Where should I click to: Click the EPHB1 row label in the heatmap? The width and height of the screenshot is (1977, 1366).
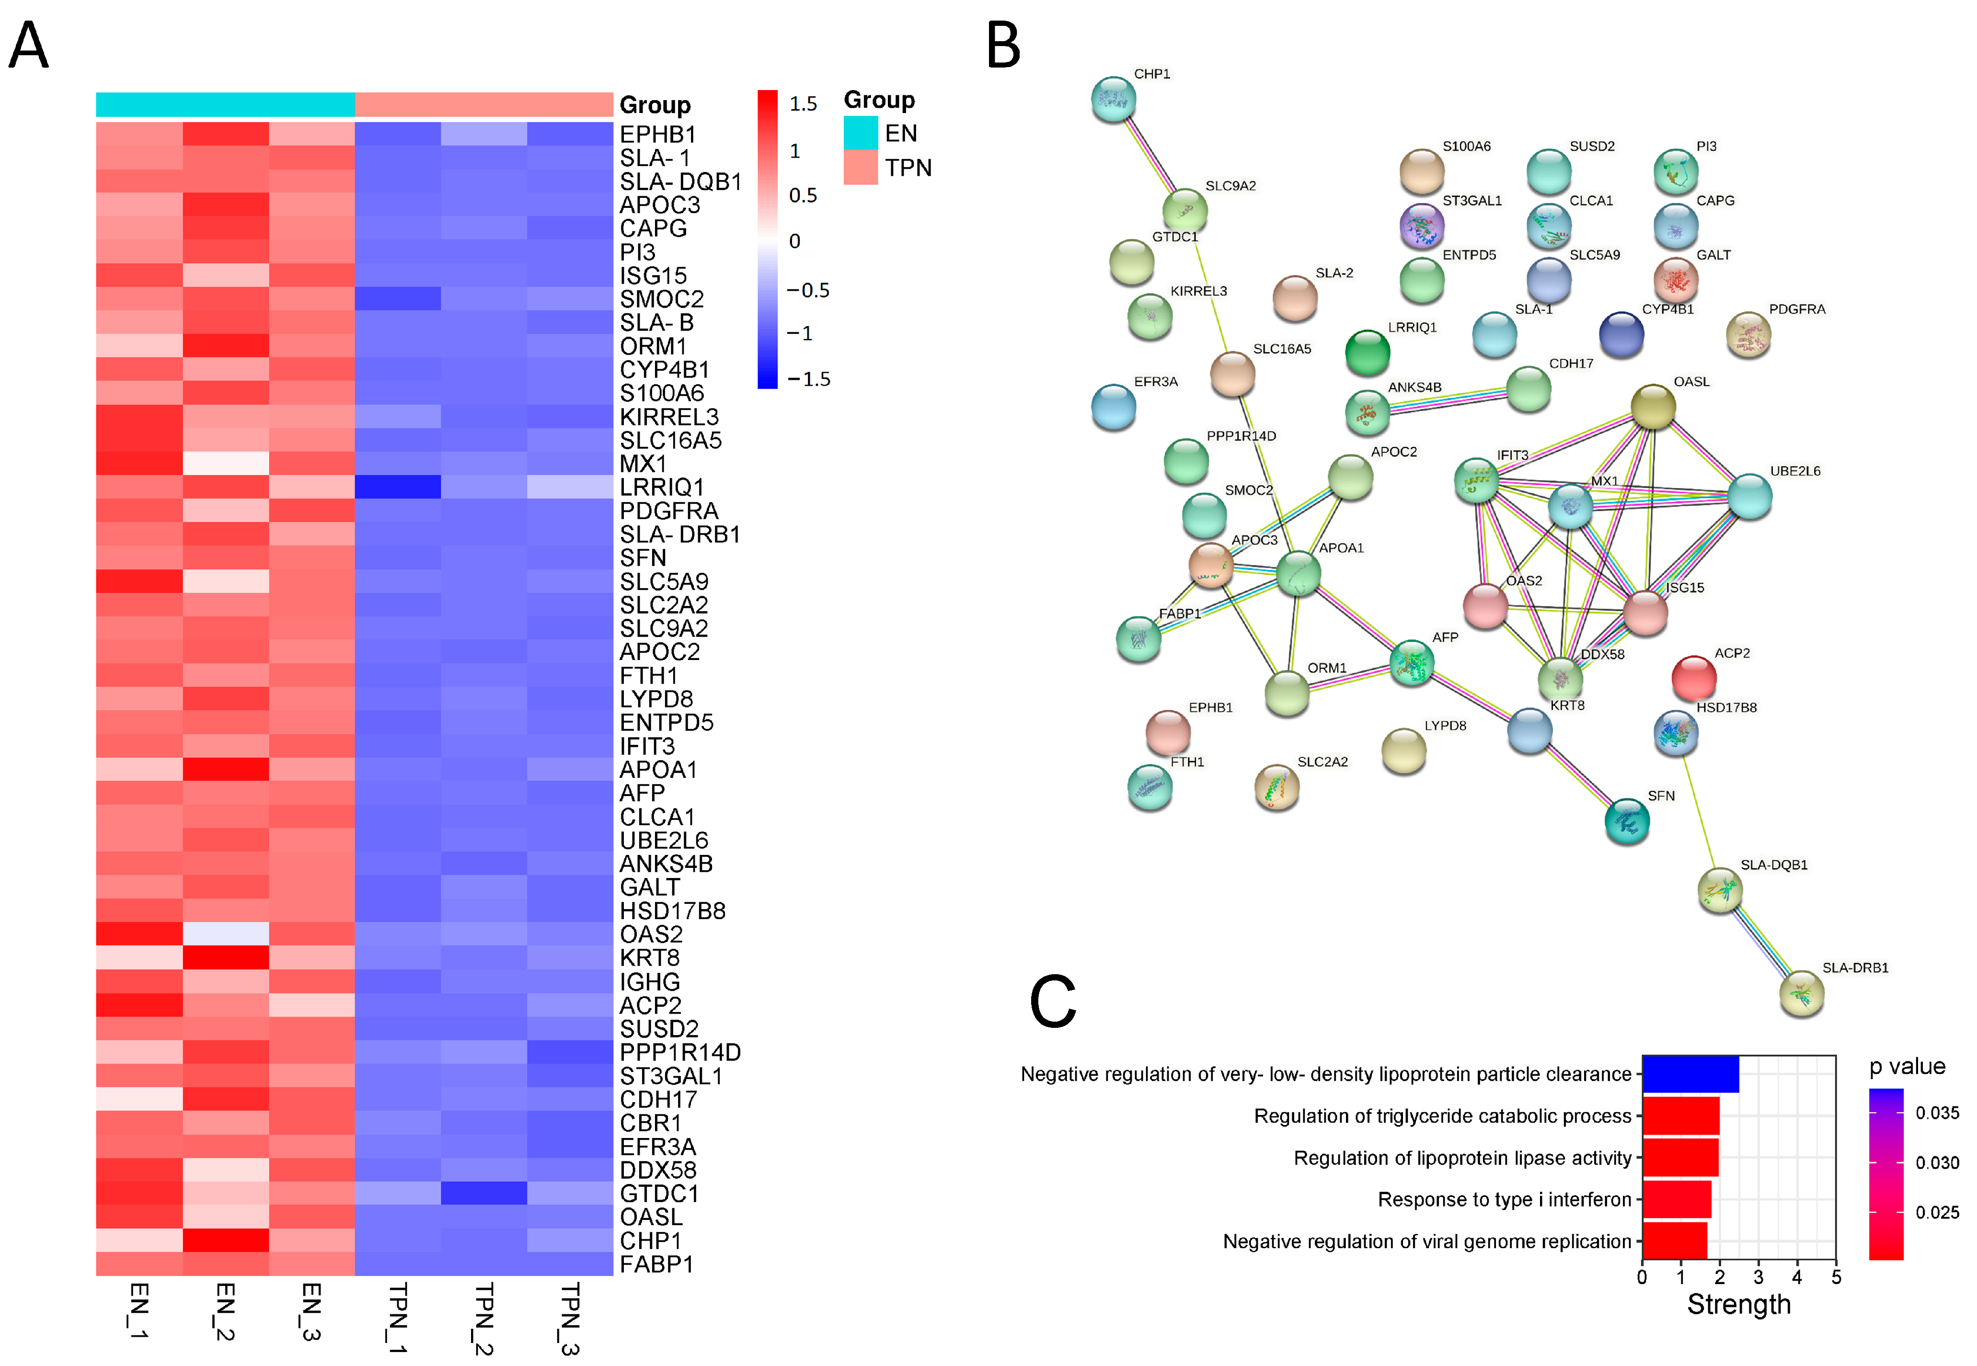(657, 135)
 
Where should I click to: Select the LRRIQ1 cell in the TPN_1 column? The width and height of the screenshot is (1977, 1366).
(397, 487)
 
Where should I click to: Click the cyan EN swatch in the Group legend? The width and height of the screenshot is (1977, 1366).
(861, 133)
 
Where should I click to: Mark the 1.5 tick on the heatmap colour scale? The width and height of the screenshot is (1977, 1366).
(803, 103)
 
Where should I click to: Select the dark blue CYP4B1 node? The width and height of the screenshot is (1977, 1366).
(1621, 335)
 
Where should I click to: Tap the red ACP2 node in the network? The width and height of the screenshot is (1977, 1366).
(1694, 678)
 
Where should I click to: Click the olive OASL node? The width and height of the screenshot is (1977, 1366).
(1653, 407)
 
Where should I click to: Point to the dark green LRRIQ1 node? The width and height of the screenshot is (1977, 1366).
(1368, 352)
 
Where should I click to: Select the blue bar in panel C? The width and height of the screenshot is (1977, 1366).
(1690, 1074)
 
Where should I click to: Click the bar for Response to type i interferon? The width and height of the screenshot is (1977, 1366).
(1677, 1200)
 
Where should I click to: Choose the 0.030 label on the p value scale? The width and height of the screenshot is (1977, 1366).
(1937, 1162)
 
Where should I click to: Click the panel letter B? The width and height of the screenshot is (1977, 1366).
(1003, 46)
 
